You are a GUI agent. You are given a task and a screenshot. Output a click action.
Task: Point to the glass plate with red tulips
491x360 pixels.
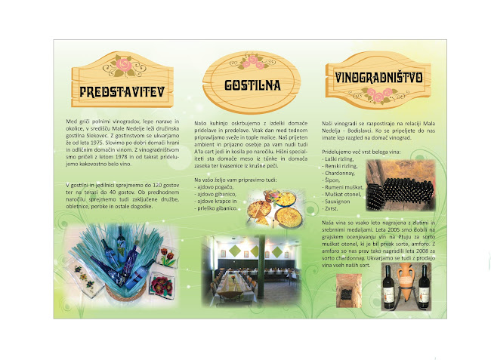pyautogui.click(x=166, y=257)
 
